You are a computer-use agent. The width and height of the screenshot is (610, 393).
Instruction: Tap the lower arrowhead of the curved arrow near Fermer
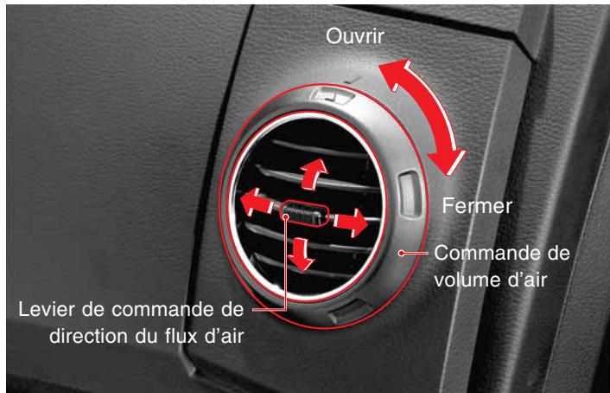point(450,164)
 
